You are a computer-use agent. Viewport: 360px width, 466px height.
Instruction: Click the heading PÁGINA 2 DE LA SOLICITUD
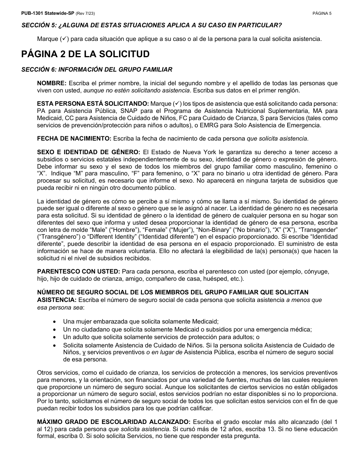[85, 54]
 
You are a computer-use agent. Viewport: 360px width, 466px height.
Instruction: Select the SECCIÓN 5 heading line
[152, 25]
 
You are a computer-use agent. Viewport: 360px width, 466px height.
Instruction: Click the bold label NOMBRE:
[52, 83]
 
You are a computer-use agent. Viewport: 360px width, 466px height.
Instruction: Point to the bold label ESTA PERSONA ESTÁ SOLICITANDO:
[93, 104]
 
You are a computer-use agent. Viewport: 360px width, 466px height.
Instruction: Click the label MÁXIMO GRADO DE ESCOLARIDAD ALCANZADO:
[114, 422]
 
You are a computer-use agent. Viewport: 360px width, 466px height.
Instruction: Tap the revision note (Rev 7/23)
[85, 13]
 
